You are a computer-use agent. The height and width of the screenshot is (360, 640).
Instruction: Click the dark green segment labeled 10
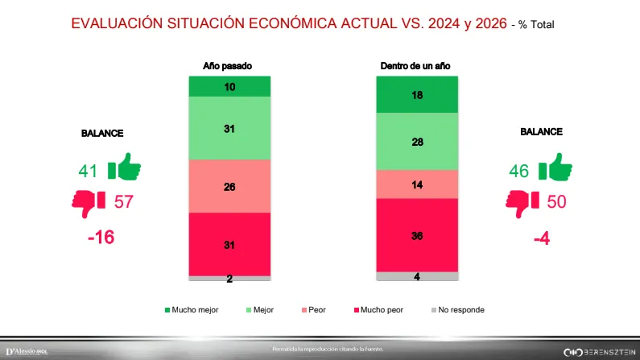pyautogui.click(x=229, y=86)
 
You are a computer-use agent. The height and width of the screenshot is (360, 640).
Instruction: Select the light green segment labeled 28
pyautogui.click(x=417, y=141)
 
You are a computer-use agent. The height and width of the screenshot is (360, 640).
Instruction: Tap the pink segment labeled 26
pyautogui.click(x=229, y=186)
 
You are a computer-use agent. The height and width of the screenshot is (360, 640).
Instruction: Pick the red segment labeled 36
pyautogui.click(x=417, y=236)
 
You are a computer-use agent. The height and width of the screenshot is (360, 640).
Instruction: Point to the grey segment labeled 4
pyautogui.click(x=417, y=276)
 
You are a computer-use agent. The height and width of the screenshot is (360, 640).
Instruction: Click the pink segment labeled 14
pyautogui.click(x=417, y=184)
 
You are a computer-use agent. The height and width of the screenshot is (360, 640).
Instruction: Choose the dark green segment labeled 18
pyautogui.click(x=417, y=95)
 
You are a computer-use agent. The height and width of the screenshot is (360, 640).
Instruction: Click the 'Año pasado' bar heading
pyautogui.click(x=229, y=67)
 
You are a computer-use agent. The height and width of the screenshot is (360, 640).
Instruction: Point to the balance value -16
pyautogui.click(x=102, y=238)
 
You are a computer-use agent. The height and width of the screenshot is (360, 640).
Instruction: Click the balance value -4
pyautogui.click(x=541, y=239)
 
